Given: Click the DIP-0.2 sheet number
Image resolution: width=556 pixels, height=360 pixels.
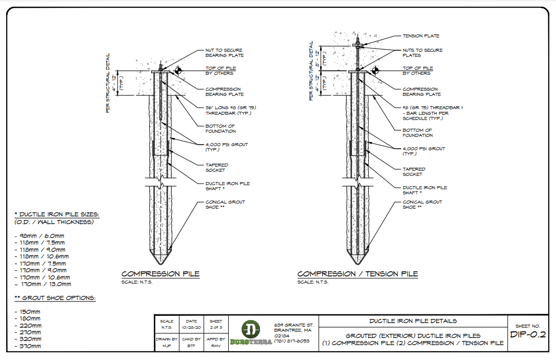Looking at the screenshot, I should (x=528, y=335).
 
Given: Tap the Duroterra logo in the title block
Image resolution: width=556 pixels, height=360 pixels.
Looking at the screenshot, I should (x=251, y=333).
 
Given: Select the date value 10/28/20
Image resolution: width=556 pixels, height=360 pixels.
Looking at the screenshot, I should (x=191, y=327).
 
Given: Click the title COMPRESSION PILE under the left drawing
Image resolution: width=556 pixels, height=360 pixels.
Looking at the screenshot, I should (x=160, y=274).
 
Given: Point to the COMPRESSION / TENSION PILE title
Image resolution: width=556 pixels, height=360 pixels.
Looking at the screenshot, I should (x=358, y=274).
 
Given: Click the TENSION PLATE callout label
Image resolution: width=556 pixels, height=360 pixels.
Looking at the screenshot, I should (x=421, y=36).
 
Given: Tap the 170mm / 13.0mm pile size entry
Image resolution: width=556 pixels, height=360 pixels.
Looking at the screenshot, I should (x=43, y=284).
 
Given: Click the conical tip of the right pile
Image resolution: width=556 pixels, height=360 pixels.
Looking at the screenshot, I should (x=358, y=258).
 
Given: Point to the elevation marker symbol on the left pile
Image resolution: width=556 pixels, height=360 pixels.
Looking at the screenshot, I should (x=178, y=70).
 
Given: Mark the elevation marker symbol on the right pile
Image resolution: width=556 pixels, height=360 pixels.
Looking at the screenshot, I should (x=375, y=70).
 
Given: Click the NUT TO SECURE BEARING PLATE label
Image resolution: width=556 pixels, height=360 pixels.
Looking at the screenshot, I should (x=225, y=53).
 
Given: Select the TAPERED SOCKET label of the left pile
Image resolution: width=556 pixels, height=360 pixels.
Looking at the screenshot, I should (x=215, y=167).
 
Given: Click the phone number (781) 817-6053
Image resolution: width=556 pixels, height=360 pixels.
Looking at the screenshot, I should (x=292, y=341).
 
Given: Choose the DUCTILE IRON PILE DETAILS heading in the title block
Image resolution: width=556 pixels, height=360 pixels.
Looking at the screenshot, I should (x=413, y=321).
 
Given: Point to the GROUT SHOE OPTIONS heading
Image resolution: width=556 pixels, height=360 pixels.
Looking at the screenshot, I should (x=55, y=298).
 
